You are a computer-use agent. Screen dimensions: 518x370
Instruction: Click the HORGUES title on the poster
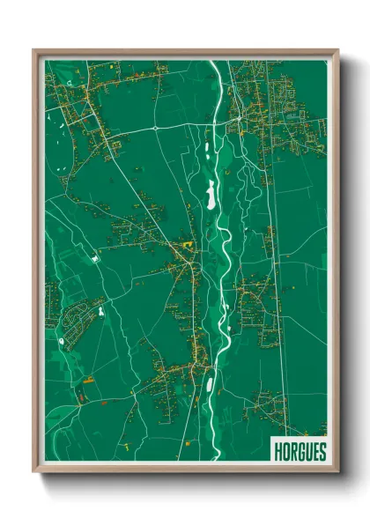(x=299, y=451)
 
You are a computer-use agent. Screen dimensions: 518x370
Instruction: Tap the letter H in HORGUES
(x=276, y=451)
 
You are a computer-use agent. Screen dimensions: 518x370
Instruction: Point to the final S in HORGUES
(x=322, y=451)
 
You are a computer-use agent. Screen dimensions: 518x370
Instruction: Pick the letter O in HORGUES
(x=284, y=451)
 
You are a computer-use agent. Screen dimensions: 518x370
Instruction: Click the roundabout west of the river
(x=155, y=127)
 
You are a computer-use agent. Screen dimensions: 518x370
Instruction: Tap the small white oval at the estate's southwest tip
(x=61, y=339)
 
